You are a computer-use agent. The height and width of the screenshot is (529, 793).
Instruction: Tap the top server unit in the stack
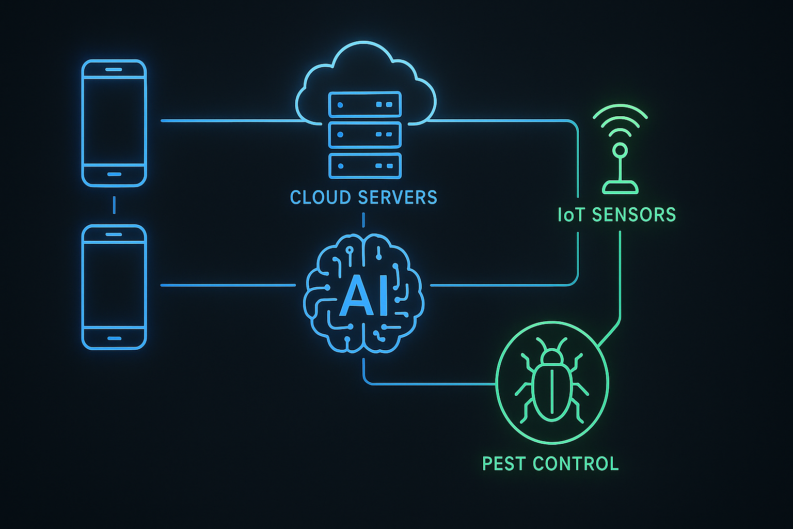click(364, 105)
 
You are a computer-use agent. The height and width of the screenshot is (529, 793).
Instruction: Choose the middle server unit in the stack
click(364, 135)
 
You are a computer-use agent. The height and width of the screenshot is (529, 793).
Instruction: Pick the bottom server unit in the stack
click(364, 166)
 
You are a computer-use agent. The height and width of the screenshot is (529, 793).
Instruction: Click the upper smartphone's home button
click(114, 174)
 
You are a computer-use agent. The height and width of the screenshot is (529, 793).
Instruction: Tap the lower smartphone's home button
click(114, 338)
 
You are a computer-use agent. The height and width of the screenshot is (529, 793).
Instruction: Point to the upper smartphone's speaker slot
click(114, 69)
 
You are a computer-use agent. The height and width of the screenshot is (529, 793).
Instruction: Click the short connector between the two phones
click(114, 205)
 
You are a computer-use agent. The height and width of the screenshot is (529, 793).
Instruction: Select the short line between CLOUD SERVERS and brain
click(363, 221)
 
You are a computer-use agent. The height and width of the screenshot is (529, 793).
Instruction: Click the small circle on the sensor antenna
click(620, 151)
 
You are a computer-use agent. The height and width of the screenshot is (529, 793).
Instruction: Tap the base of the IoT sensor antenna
click(620, 188)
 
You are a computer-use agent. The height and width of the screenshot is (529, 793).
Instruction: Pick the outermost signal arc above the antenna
click(620, 110)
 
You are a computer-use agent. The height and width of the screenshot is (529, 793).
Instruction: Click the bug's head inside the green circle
click(552, 355)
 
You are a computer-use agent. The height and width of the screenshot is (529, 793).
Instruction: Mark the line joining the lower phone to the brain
click(227, 285)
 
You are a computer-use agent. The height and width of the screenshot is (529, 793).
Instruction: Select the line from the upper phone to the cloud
click(227, 121)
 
